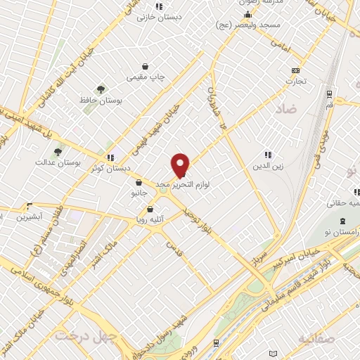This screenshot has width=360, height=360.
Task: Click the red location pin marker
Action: pyautogui.click(x=181, y=165)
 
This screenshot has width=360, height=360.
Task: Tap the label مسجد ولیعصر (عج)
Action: pyautogui.click(x=245, y=25)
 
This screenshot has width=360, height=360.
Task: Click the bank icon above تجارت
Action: pyautogui.click(x=295, y=70)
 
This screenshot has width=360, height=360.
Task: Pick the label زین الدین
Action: pyautogui.click(x=267, y=167)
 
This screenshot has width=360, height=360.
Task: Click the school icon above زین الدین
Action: pyautogui.click(x=267, y=155)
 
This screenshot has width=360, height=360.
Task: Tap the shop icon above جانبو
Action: pyautogui.click(x=138, y=182)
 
